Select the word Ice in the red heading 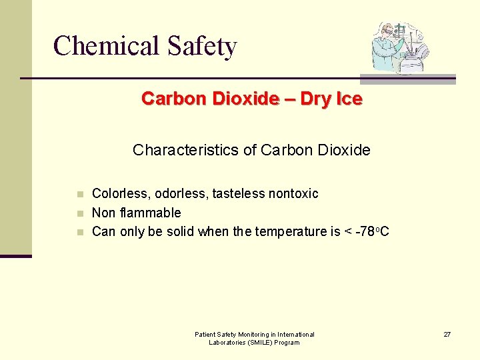pyautogui.click(x=349, y=99)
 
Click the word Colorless pyautogui.click(x=121, y=194)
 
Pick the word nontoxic pyautogui.click(x=293, y=194)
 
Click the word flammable pyautogui.click(x=155, y=213)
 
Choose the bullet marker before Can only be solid pyautogui.click(x=79, y=233)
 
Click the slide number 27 pyautogui.click(x=447, y=334)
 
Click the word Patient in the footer pyautogui.click(x=205, y=334)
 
